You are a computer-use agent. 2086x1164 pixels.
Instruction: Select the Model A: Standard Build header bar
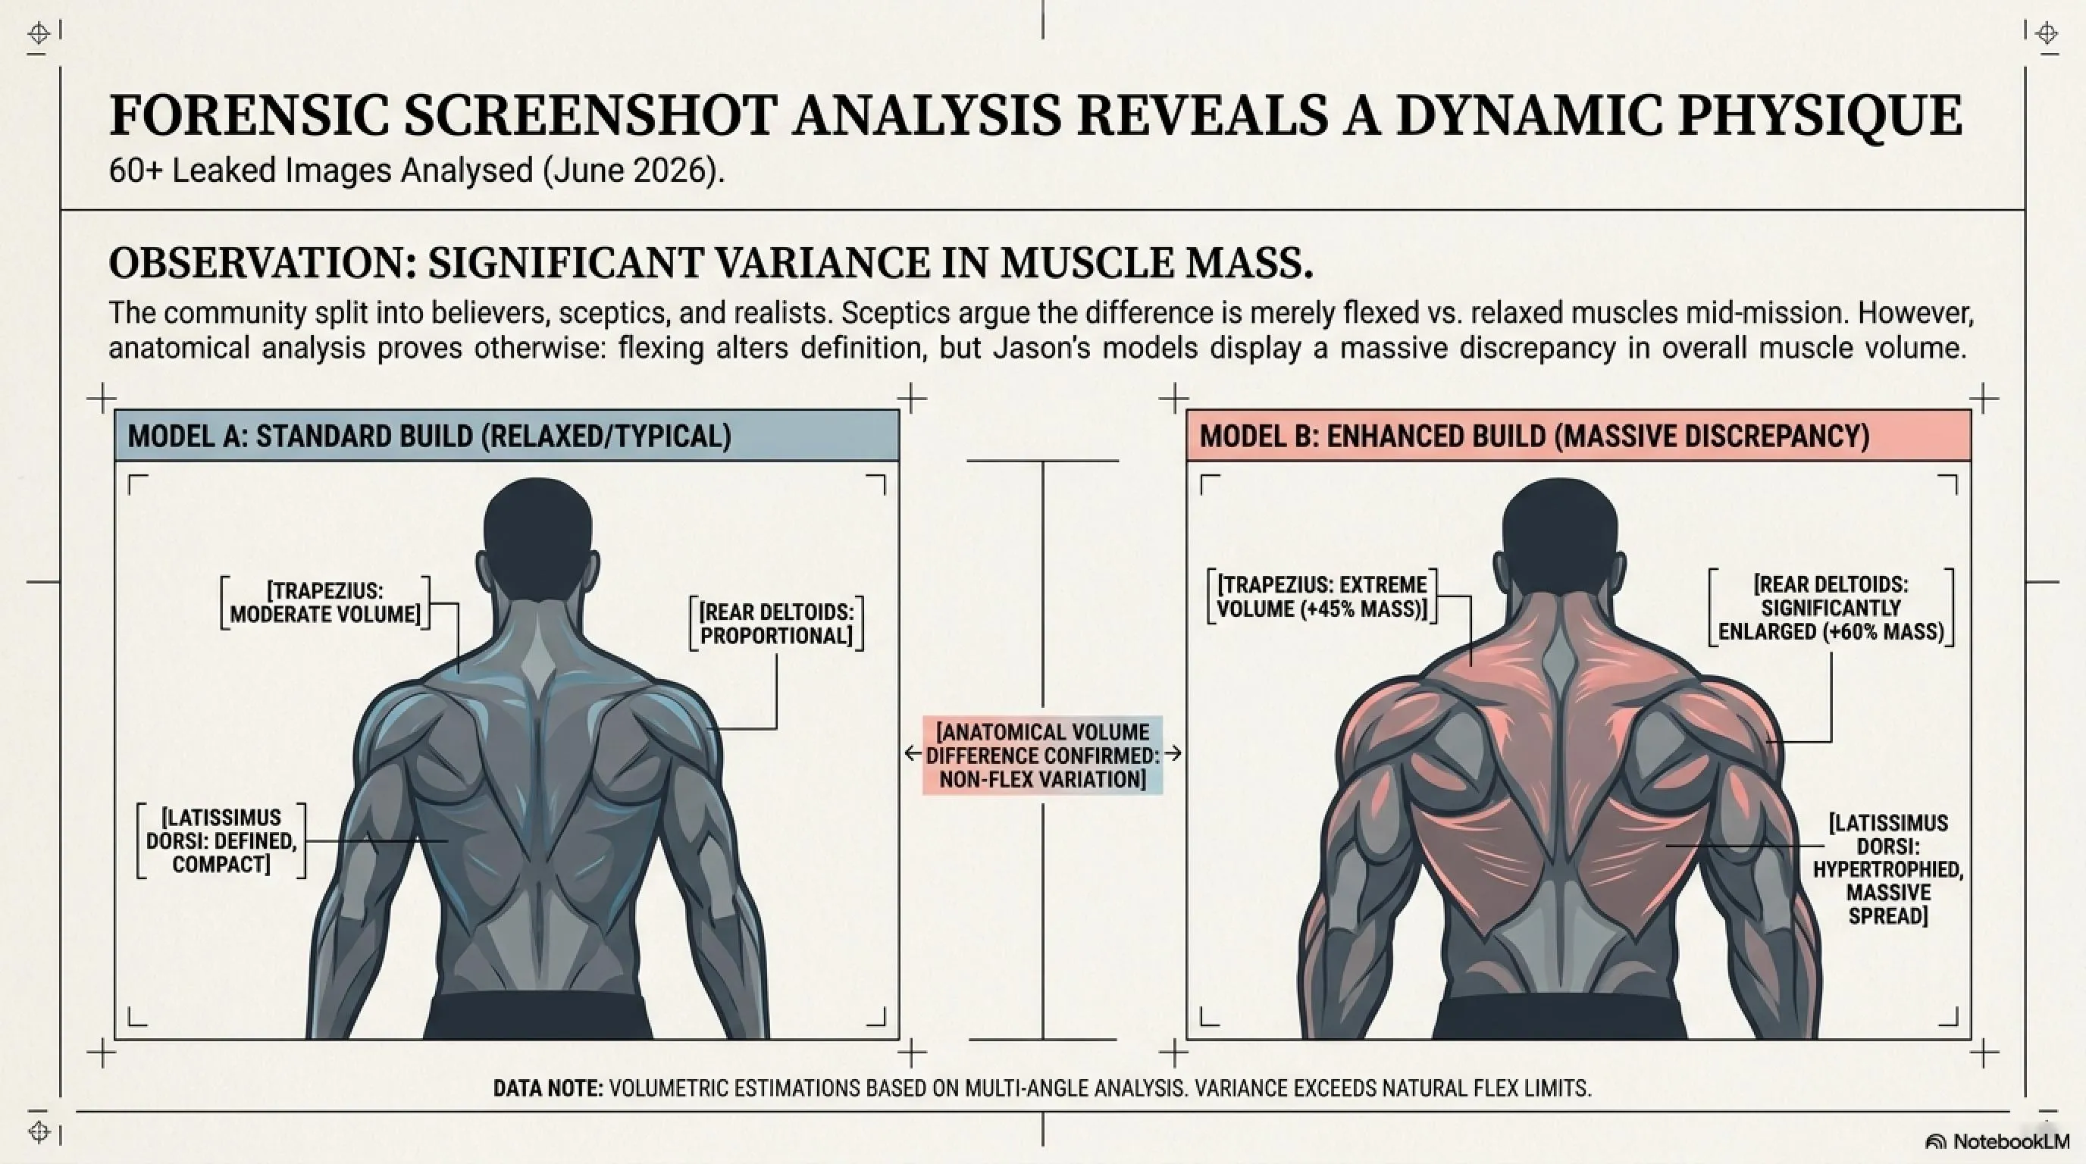coord(507,436)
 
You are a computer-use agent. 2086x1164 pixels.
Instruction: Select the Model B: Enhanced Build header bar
coord(1578,436)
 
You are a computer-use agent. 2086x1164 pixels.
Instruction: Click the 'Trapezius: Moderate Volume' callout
coord(325,602)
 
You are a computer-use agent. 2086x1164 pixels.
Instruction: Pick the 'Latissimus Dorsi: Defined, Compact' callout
coord(222,841)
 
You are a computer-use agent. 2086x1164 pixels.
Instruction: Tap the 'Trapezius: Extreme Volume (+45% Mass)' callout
coord(1322,596)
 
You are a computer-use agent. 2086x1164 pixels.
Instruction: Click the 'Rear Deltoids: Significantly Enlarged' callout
coord(1831,608)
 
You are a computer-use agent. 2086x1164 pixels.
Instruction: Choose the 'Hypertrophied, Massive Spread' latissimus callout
coord(1887,869)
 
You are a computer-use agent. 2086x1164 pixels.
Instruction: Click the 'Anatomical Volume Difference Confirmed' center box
coord(1043,756)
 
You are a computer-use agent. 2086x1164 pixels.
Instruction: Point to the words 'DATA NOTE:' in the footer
coord(548,1088)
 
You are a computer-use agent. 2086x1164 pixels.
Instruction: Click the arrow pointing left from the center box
coord(913,753)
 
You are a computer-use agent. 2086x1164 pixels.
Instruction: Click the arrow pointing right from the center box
coord(1173,753)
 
